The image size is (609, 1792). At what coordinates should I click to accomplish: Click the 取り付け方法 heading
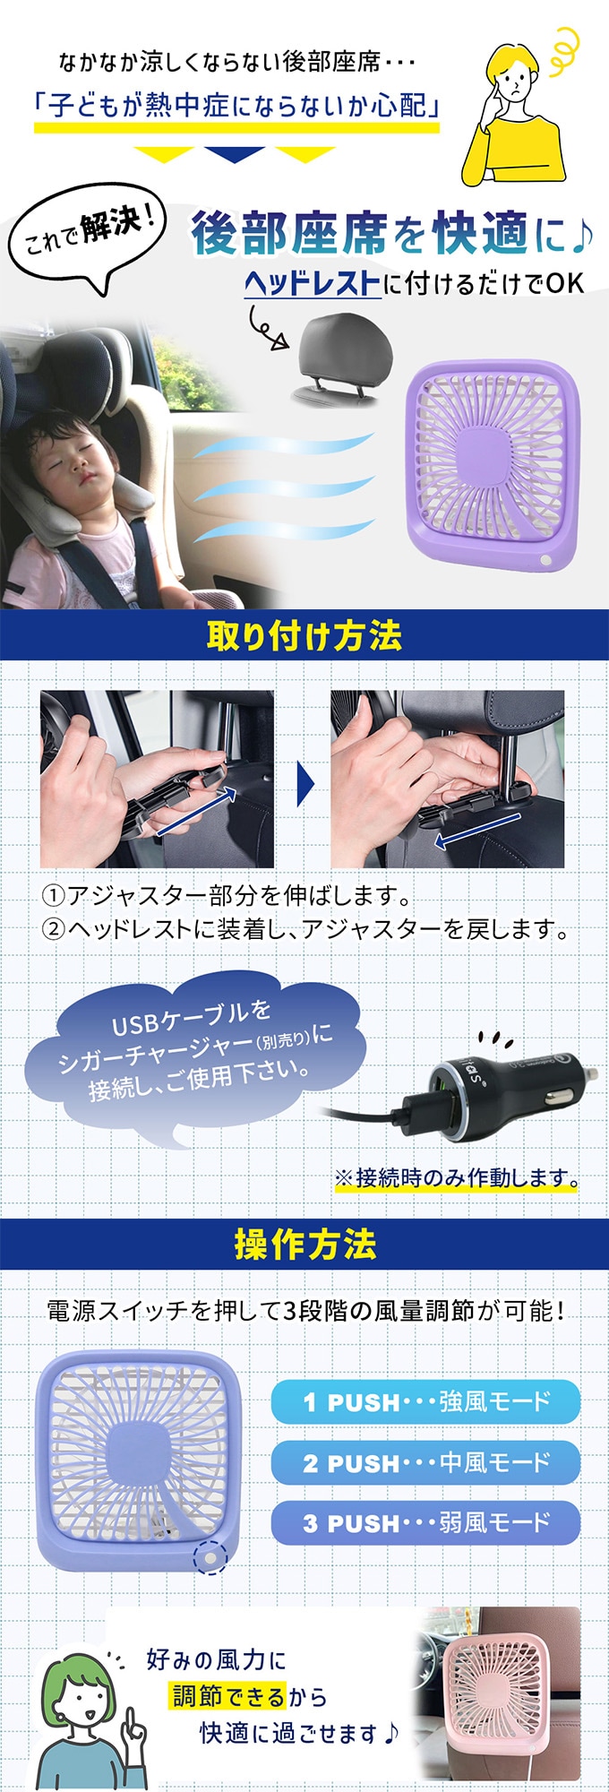click(304, 635)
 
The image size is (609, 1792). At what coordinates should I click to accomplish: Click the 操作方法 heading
click(304, 1244)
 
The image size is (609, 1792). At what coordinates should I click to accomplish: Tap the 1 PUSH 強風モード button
click(425, 1401)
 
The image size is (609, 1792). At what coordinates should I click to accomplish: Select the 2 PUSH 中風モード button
click(425, 1462)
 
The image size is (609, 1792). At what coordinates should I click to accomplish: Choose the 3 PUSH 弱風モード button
click(425, 1522)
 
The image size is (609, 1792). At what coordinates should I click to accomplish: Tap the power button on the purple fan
click(545, 560)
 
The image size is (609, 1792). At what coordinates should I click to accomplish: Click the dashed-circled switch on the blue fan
click(210, 1557)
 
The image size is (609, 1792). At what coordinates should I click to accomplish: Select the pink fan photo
click(498, 1693)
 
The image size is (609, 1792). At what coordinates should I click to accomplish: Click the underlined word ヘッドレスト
click(312, 283)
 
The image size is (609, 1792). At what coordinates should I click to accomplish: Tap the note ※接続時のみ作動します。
click(457, 1177)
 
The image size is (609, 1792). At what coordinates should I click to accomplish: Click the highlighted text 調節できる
click(229, 1696)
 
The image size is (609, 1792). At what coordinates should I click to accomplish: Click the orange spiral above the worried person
click(564, 49)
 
